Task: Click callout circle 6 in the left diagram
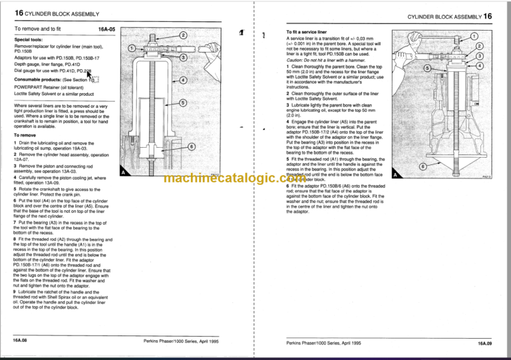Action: [x=191, y=146]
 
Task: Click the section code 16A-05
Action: [x=106, y=30]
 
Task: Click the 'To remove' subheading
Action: [x=25, y=135]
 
